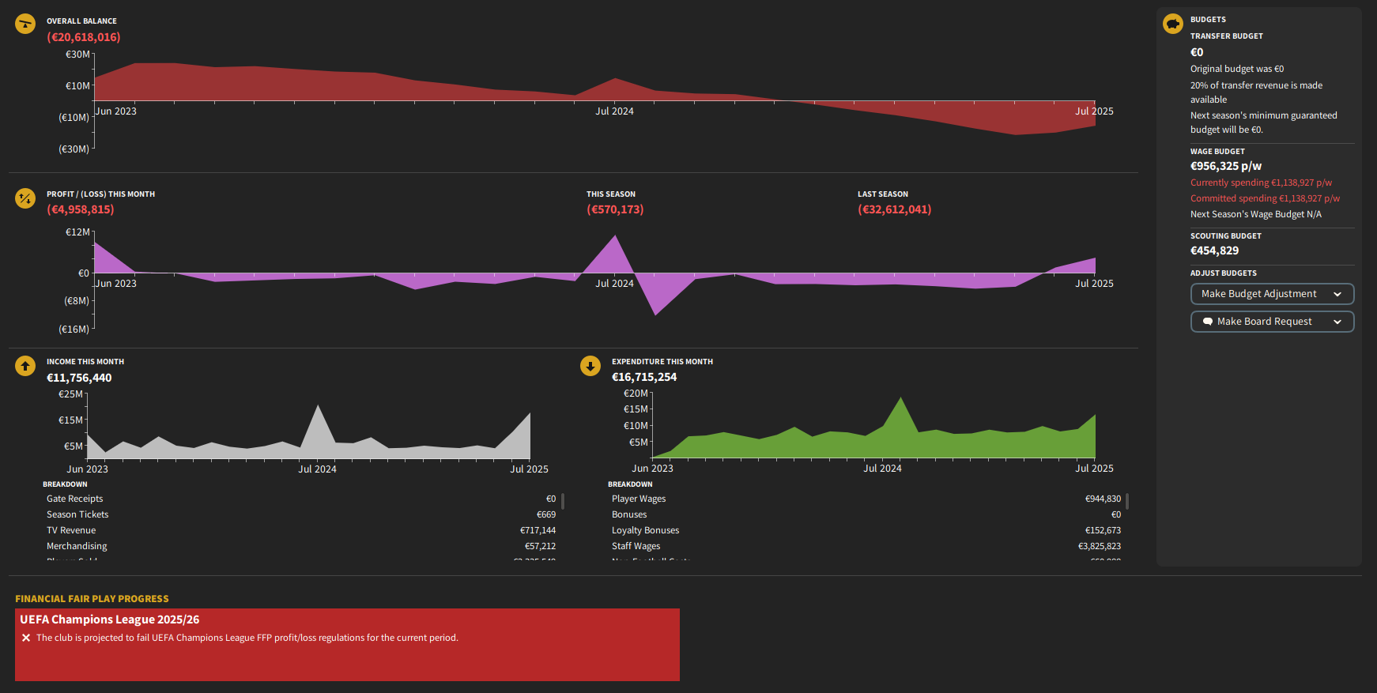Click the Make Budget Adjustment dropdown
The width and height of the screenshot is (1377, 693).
1271,294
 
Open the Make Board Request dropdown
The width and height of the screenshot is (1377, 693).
1271,322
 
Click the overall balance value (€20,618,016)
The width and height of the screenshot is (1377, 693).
84,37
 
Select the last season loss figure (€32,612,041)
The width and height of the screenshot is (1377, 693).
894,209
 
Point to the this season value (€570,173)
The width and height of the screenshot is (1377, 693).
615,209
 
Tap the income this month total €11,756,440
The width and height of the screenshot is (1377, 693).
79,378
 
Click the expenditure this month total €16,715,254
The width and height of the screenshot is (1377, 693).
644,377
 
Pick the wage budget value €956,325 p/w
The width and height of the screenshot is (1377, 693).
1226,166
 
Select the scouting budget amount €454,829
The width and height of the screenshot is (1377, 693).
1214,250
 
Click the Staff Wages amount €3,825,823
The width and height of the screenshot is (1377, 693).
1099,546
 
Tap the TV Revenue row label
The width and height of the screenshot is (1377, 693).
71,530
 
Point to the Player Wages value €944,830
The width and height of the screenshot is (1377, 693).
1103,499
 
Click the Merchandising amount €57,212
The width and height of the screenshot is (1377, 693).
540,546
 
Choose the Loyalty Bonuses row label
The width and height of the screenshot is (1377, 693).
645,530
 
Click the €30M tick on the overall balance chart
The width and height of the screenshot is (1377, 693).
77,55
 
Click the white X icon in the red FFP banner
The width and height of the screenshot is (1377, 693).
26,638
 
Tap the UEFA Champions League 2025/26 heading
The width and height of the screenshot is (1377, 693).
110,620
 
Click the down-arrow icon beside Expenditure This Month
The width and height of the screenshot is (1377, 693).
590,366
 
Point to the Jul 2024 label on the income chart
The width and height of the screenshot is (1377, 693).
317,469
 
